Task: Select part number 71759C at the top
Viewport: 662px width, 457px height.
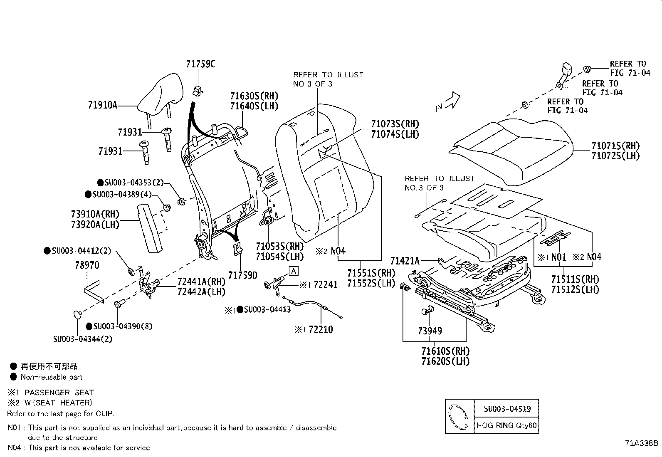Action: tap(200, 64)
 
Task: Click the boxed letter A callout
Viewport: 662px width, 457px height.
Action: tap(294, 272)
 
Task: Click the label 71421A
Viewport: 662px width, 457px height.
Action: tap(405, 261)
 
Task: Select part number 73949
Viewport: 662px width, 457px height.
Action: tap(430, 331)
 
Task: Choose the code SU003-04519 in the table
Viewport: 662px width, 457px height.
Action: tap(507, 409)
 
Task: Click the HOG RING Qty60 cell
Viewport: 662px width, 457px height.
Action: tap(507, 425)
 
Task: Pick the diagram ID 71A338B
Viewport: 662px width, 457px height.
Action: tap(641, 443)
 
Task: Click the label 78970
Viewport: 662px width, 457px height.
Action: tap(87, 265)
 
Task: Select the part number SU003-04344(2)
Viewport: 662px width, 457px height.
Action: tap(82, 339)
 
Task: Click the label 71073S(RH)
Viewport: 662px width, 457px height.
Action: tap(395, 124)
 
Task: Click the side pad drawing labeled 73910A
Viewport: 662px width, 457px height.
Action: tap(151, 230)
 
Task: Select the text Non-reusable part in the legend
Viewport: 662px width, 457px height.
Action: tap(52, 377)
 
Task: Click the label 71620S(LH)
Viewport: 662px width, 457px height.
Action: tap(445, 361)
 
